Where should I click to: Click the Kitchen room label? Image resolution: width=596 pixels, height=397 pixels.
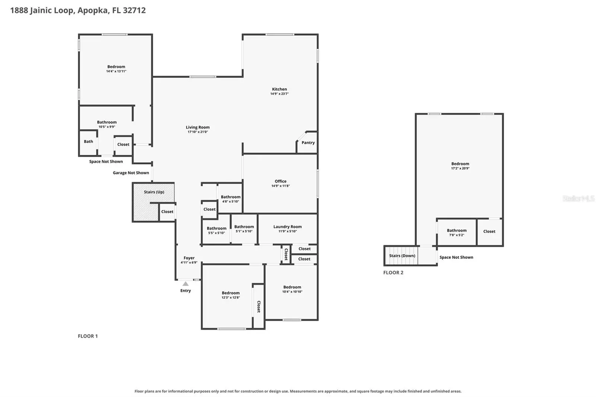(279, 89)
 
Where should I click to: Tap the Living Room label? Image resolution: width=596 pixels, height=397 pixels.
(198, 127)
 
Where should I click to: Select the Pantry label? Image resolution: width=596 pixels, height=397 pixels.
(308, 143)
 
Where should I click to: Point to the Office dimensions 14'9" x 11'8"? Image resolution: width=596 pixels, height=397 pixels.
(280, 186)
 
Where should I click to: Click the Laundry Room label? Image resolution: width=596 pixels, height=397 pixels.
(288, 227)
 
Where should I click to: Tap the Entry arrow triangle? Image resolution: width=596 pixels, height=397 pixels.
(186, 284)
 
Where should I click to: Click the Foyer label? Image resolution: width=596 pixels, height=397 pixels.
(189, 258)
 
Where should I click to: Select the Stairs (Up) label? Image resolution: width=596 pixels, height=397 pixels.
(154, 192)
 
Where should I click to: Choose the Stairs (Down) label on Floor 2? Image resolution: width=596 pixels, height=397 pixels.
(402, 256)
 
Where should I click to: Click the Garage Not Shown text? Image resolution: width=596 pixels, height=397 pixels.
(131, 173)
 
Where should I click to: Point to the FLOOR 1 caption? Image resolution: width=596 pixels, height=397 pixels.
(88, 336)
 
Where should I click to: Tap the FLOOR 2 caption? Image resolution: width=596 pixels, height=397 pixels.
(393, 273)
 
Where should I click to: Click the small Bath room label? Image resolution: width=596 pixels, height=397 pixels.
(88, 142)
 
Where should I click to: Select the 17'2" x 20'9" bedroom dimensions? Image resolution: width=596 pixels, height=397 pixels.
(460, 168)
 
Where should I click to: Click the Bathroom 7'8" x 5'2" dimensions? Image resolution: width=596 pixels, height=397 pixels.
(457, 235)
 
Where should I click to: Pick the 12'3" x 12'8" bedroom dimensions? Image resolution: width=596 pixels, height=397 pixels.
(231, 298)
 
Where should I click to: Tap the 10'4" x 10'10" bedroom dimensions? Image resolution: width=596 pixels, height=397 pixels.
(292, 292)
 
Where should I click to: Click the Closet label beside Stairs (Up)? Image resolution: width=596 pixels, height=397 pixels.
(167, 212)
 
